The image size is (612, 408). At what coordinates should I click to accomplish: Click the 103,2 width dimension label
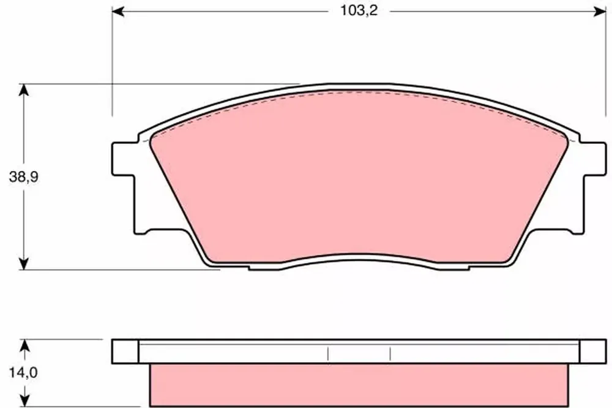359,10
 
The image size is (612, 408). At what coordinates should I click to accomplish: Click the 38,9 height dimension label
24,177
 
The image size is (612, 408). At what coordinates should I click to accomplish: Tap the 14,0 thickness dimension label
23,373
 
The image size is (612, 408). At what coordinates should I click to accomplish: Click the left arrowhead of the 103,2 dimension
118,12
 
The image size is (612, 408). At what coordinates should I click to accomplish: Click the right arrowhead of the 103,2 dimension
600,12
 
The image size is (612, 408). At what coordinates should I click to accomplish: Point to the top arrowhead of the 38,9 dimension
24,90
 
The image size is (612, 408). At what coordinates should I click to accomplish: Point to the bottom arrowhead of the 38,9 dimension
24,263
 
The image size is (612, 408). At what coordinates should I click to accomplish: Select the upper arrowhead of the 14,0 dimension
24,346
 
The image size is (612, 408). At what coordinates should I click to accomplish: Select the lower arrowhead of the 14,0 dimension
24,401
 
